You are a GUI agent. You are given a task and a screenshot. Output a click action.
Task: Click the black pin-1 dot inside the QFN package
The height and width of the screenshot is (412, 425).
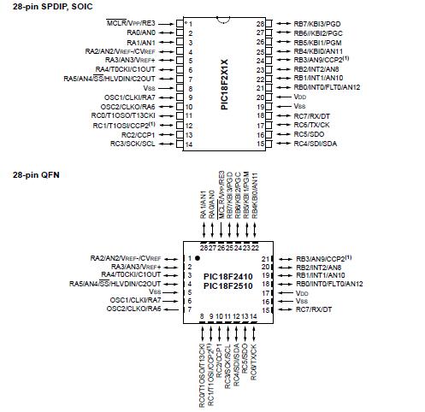tap(198, 257)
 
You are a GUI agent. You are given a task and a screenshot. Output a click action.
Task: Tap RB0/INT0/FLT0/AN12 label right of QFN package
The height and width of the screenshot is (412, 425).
tap(329, 283)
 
